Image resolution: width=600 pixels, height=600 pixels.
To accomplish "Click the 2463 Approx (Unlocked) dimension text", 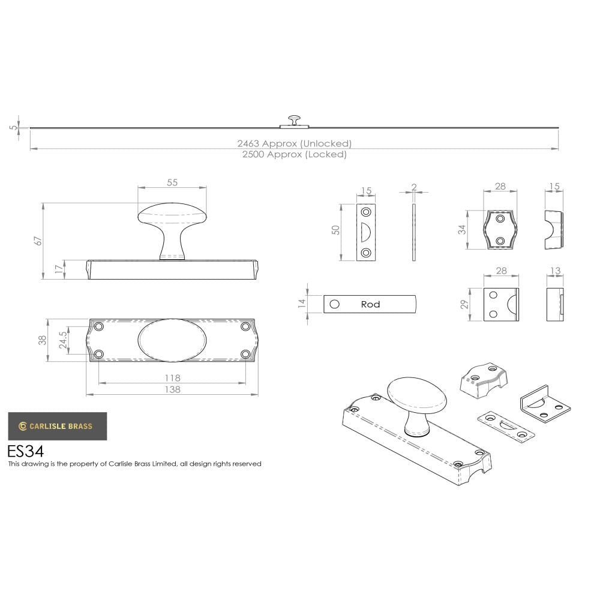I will tap(294, 143).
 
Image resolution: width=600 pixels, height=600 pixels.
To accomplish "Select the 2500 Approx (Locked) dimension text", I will tap(294, 154).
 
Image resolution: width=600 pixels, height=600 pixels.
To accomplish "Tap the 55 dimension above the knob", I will tap(172, 183).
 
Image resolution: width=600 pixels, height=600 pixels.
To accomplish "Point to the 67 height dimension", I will tap(38, 241).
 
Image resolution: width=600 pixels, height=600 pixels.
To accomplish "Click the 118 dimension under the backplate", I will tap(172, 378).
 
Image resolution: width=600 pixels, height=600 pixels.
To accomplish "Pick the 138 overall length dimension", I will tap(172, 389).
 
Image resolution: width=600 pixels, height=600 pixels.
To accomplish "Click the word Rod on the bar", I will tap(370, 304).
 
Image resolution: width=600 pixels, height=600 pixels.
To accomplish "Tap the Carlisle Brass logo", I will tap(57, 426).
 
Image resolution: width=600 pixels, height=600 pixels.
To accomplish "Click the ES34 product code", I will tap(25, 451).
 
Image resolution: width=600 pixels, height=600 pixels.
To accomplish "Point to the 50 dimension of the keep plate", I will tap(337, 230).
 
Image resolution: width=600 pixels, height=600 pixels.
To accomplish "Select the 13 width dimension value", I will tap(555, 271).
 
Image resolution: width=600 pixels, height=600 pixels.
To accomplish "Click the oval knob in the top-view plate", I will tap(172, 340).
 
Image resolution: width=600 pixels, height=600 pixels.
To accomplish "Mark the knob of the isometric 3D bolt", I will tap(417, 399).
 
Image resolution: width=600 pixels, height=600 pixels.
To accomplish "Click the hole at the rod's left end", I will tap(335, 304).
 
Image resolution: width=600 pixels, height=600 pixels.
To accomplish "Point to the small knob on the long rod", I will tap(294, 119).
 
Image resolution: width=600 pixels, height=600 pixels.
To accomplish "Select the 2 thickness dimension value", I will tap(414, 187).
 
